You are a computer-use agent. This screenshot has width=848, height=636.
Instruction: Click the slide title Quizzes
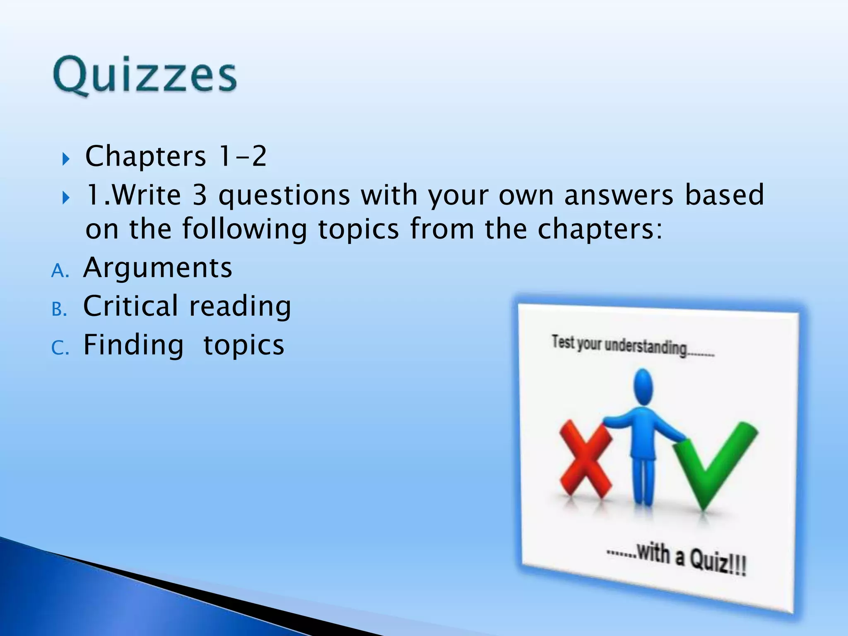(x=145, y=77)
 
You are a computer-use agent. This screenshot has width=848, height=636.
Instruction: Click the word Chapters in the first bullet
(x=145, y=157)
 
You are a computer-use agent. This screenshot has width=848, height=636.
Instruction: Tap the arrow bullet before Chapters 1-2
(x=66, y=159)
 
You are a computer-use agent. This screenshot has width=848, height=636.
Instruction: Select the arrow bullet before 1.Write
(x=66, y=198)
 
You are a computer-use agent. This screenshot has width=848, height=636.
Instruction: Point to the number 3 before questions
(x=200, y=195)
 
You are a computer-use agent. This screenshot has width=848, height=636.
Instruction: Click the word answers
(x=619, y=195)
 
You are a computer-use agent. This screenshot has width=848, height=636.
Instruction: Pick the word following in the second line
(x=245, y=229)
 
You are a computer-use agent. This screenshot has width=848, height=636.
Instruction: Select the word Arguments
(x=158, y=268)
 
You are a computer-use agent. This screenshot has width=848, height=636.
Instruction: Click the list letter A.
(x=59, y=271)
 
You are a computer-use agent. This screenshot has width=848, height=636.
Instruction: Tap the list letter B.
(x=59, y=310)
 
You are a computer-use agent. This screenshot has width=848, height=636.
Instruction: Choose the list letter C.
(x=59, y=349)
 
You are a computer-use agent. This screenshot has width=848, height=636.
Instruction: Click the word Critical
(x=130, y=306)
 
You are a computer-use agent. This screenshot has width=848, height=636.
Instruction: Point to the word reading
(x=240, y=307)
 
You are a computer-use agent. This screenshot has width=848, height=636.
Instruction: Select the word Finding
(x=133, y=345)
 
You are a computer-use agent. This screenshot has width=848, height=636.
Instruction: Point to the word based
(x=724, y=195)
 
